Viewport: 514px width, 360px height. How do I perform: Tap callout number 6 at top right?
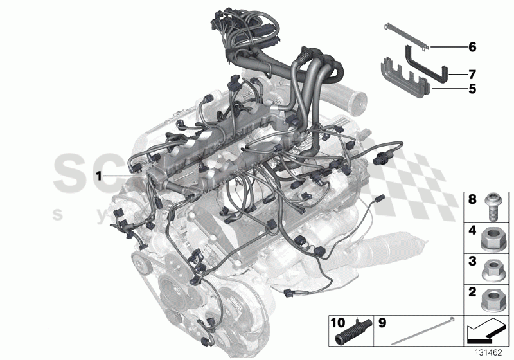472,47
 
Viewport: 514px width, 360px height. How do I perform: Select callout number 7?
472,74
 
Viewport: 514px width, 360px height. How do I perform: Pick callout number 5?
472,90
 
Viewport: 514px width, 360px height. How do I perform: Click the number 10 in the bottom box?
338,321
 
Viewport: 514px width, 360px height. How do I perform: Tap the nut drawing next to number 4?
492,239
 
